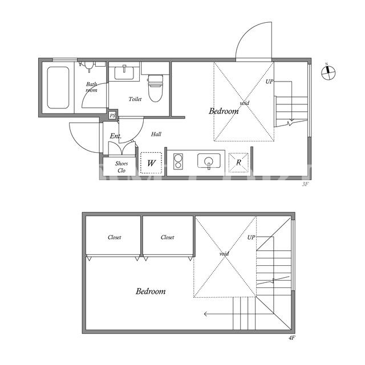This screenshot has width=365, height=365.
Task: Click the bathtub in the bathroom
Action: coord(58,87)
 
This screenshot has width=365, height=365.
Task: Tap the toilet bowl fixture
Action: coord(156,88)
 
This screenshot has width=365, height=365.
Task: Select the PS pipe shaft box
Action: coord(112,115)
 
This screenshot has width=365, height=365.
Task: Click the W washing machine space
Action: coord(151,163)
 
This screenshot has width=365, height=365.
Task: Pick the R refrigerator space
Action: coord(238,163)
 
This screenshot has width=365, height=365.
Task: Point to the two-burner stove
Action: coord(178,161)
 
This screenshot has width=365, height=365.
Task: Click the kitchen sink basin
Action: coord(209,161)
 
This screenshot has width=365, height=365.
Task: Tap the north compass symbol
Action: coord(328,72)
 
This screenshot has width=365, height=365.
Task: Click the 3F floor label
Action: coord(305,184)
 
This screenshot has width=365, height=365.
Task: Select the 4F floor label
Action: coord(291,338)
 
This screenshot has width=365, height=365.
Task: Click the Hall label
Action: coord(156,134)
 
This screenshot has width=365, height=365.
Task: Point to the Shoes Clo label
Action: coord(121,167)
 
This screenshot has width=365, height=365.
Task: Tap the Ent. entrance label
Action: coord(115,136)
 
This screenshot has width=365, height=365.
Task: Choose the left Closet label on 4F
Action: coord(114,237)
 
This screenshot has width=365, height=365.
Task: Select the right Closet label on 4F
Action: coord(167,237)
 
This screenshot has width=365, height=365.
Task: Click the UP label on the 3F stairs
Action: coord(270,82)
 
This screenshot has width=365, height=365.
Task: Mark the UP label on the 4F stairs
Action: coord(251,237)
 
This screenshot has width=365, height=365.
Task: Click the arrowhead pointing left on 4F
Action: coord(205,314)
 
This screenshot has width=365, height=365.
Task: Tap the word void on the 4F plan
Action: coord(224,253)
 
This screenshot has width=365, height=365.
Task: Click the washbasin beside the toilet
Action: coord(124,72)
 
